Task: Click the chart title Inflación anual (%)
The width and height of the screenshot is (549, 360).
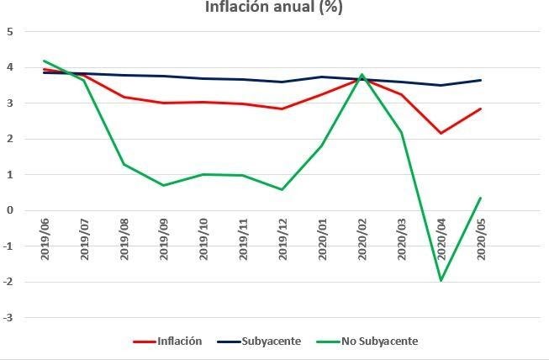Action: coord(274,8)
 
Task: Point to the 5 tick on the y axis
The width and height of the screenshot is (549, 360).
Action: coord(10,32)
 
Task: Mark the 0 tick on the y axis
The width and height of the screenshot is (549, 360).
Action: coord(10,211)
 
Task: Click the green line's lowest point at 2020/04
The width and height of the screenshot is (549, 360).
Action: coord(441,281)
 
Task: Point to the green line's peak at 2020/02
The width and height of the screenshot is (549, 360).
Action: coord(362,75)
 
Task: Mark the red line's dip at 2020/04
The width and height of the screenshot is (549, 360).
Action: coord(441,133)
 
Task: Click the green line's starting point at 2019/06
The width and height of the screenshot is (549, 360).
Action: coord(45,61)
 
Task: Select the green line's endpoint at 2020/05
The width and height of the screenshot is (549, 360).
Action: coord(480,199)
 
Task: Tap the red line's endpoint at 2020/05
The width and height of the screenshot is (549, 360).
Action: coord(480,109)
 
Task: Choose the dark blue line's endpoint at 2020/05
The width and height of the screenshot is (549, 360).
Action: coord(480,80)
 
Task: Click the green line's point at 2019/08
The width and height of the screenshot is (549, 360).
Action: coord(124,164)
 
